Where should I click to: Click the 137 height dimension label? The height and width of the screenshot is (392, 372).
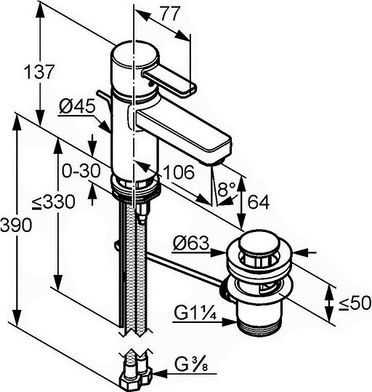[x=39, y=71]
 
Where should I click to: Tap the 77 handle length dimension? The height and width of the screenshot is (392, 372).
[x=170, y=14]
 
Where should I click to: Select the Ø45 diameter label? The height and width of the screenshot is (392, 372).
[x=77, y=106]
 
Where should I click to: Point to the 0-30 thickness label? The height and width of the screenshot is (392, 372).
[x=81, y=171]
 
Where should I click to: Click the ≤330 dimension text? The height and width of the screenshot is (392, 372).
[x=54, y=201]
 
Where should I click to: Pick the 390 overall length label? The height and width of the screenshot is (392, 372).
[x=16, y=225]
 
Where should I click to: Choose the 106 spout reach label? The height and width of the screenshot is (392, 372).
[x=179, y=172]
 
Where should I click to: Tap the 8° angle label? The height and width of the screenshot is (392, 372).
[x=227, y=189]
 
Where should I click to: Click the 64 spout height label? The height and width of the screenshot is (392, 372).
[x=259, y=202]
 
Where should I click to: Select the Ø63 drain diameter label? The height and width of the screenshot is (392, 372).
[x=190, y=243]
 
